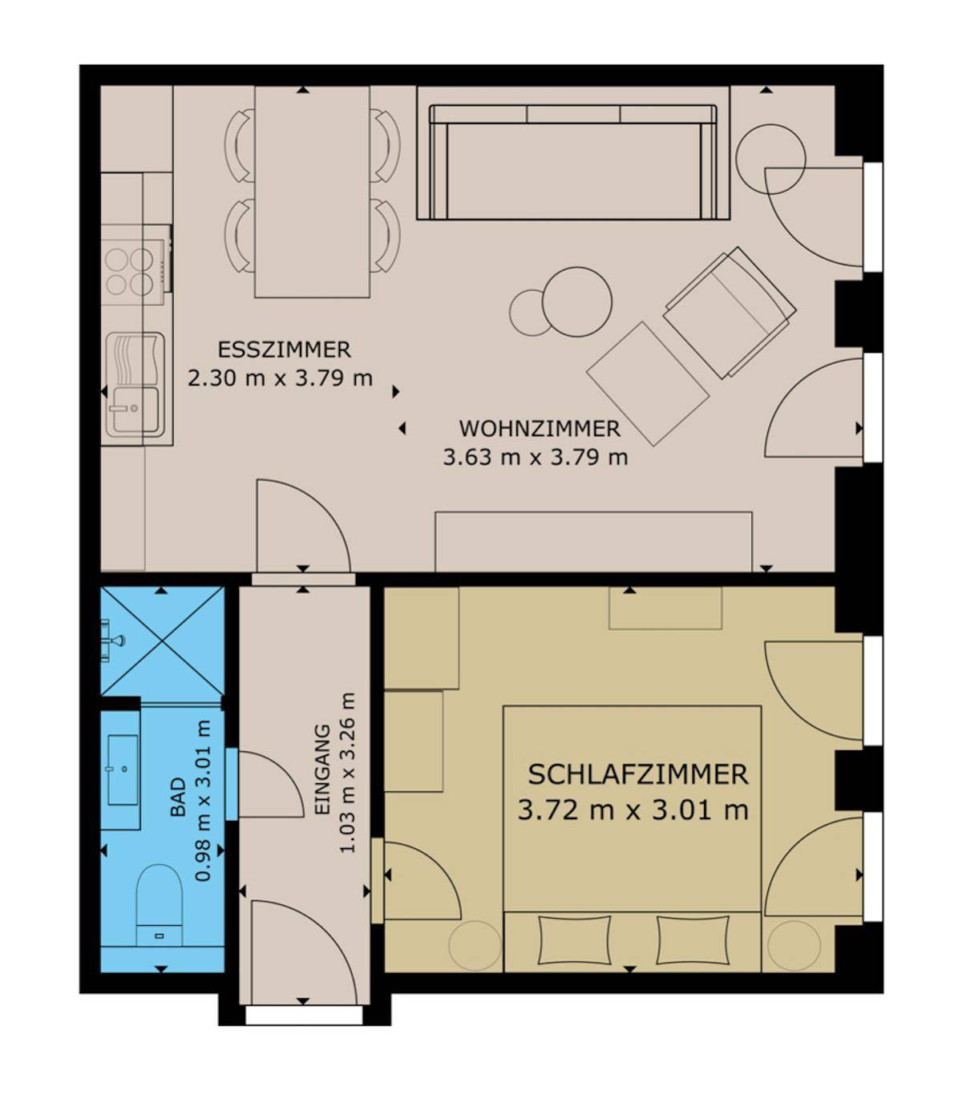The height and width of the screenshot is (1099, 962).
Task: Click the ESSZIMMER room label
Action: point(284,349)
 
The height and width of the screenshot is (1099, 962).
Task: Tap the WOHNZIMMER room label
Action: point(540,429)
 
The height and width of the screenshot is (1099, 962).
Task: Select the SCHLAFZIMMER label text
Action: point(637,774)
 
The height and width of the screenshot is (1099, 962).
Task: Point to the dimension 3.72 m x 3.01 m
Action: point(633,810)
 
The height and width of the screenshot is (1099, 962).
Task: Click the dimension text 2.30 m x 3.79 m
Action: point(280,378)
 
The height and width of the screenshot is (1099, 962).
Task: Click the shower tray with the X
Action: point(162,641)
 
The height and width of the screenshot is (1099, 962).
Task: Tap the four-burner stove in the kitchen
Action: point(136,273)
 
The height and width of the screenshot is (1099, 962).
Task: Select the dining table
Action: point(312,192)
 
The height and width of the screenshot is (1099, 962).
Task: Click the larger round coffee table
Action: point(577,302)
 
